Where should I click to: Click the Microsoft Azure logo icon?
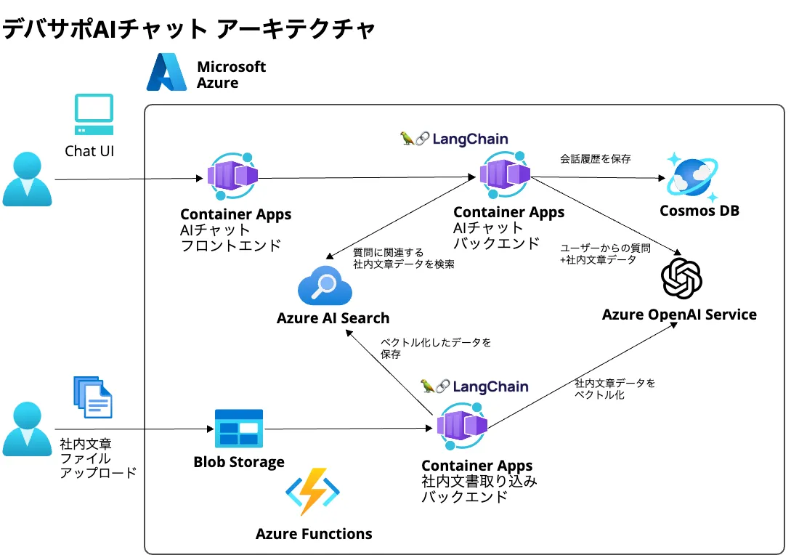[x=167, y=73]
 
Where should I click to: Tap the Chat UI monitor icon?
[x=94, y=115]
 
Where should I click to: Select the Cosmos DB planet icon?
[x=693, y=177]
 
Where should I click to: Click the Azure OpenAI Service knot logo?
[x=681, y=278]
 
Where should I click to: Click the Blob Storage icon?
[x=238, y=429]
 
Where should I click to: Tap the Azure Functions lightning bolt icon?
[x=313, y=492]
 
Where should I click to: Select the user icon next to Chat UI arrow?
[x=27, y=179]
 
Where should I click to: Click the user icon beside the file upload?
[x=27, y=429]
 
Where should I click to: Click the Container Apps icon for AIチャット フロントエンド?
[x=232, y=177]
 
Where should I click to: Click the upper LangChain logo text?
[x=454, y=138]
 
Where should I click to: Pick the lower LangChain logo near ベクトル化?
[x=474, y=386]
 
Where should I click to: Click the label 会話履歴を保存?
[x=595, y=158]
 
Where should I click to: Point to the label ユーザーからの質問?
[x=605, y=248]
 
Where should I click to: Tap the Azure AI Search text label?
[x=333, y=318]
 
